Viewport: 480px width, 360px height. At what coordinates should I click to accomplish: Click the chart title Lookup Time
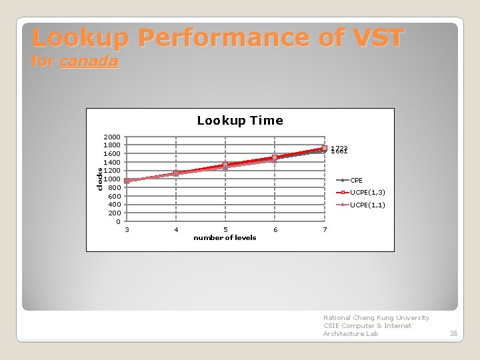[x=240, y=121]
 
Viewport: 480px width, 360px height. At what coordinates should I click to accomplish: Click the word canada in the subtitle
[x=89, y=62]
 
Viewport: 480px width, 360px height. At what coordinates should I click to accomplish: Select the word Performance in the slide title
[x=219, y=37]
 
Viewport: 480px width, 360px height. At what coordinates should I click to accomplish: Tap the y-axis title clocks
[x=99, y=179]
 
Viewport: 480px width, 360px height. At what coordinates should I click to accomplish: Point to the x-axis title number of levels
[x=225, y=238]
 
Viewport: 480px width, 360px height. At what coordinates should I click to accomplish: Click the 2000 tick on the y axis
[x=111, y=137]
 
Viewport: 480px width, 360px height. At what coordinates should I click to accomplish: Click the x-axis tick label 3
[x=127, y=230]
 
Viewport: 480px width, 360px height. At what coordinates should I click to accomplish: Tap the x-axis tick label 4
[x=176, y=230]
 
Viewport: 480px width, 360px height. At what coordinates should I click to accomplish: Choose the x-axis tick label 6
[x=275, y=230]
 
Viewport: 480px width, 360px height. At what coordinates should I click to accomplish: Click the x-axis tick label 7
[x=325, y=230]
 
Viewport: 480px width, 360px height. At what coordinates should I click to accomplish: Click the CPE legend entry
[x=357, y=181]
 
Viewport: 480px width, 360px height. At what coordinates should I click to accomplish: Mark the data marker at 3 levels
[x=127, y=181]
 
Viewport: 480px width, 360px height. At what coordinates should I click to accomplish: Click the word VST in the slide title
[x=375, y=37]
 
